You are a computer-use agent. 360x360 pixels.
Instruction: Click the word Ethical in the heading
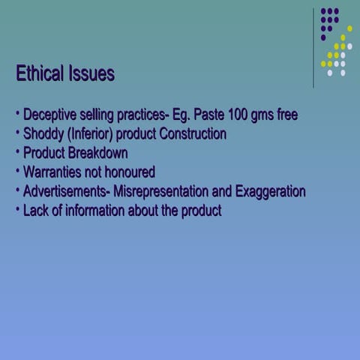(x=40, y=74)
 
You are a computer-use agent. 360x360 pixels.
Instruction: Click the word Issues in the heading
(x=91, y=74)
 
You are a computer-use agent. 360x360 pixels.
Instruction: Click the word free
(x=285, y=115)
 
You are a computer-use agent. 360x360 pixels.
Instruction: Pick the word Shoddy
(x=43, y=135)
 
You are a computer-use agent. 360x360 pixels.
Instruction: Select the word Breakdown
(x=97, y=154)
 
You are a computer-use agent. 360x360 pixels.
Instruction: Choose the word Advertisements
(x=66, y=191)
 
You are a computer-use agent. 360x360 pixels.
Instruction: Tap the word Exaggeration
(x=270, y=191)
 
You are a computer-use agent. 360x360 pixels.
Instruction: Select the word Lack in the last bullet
(x=35, y=211)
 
